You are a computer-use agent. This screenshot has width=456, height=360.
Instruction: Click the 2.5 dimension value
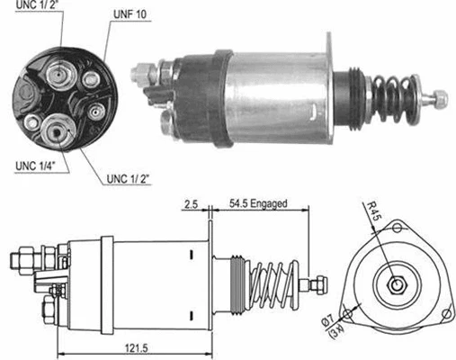[x=190, y=204]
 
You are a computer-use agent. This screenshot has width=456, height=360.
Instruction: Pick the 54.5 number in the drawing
[x=238, y=204]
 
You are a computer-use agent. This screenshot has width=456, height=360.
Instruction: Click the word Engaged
[x=270, y=204]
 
